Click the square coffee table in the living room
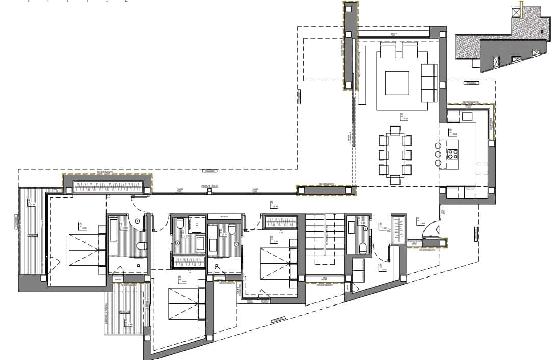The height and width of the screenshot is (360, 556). pyautogui.click(x=397, y=83)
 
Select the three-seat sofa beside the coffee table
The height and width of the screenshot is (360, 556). pyautogui.click(x=429, y=82)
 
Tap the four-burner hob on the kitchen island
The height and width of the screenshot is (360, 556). pyautogui.click(x=452, y=154)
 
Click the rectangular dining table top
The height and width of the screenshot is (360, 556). pyautogui.click(x=394, y=154)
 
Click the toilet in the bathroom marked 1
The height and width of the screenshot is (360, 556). pyautogui.click(x=141, y=246)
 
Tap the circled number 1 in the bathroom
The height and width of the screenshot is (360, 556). pyautogui.click(x=137, y=221)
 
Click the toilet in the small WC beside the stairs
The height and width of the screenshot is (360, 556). pyautogui.click(x=363, y=248)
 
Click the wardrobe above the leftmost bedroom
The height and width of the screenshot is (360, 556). pyautogui.click(x=108, y=187)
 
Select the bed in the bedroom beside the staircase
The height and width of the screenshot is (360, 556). pyautogui.click(x=278, y=263)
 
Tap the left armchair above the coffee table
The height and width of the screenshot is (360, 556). pyautogui.click(x=388, y=51)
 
